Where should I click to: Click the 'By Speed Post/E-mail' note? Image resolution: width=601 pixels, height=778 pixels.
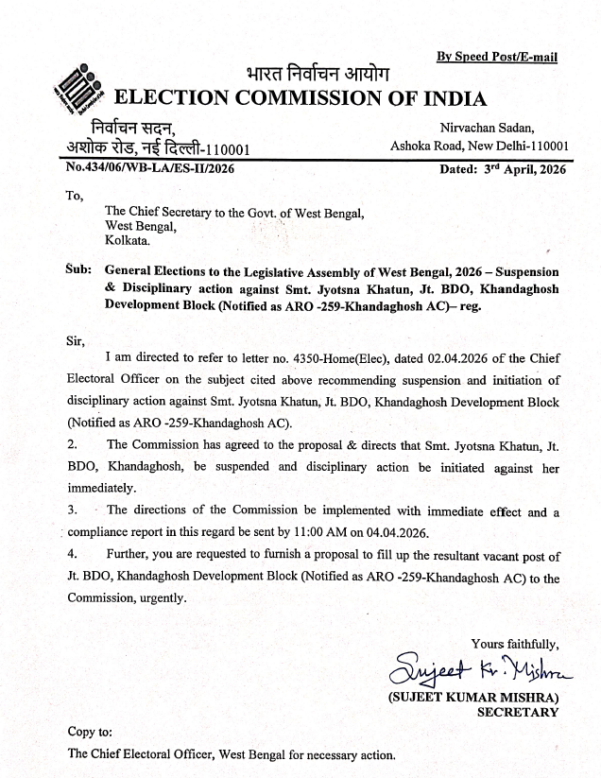pyautogui.click(x=497, y=57)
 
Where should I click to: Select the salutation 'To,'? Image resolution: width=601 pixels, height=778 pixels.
pyautogui.click(x=74, y=197)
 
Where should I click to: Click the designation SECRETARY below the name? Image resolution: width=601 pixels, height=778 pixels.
pyautogui.click(x=517, y=713)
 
